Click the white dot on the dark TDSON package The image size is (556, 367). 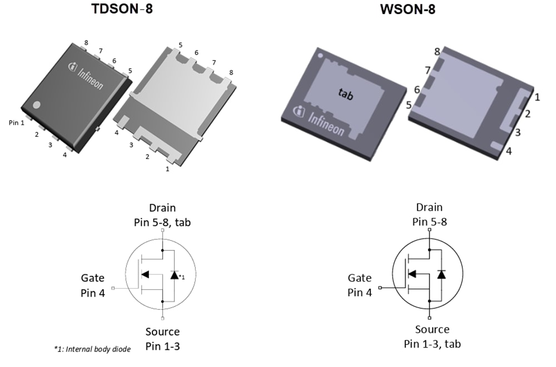point(37,105)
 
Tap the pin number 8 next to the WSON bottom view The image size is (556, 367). point(438,52)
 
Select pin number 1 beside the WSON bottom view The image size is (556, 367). point(537,97)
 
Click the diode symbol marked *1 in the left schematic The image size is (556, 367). point(175,275)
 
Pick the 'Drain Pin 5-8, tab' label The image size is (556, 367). point(162,215)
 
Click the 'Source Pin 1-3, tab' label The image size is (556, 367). point(432,336)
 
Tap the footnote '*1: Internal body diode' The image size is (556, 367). point(92,349)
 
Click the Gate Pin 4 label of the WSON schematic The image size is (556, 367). point(360,285)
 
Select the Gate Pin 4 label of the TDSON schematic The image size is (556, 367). point(92,285)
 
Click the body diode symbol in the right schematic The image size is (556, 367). point(441,274)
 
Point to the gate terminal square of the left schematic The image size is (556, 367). point(113,288)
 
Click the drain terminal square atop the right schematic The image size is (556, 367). point(429,230)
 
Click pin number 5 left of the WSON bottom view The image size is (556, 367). point(409,104)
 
